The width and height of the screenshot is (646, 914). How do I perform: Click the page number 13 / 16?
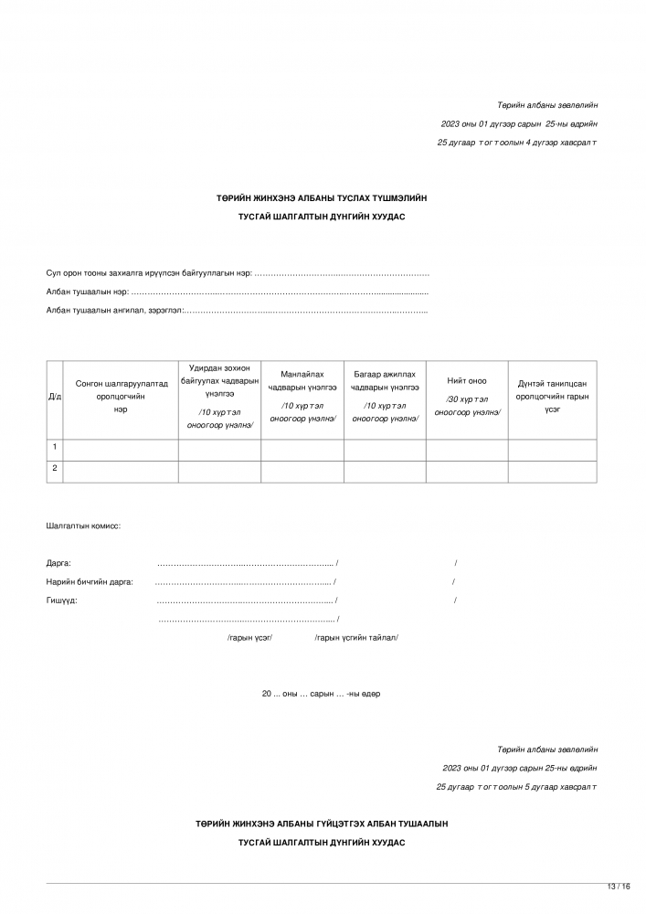(x=619, y=887)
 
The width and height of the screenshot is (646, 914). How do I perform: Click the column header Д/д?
(x=55, y=397)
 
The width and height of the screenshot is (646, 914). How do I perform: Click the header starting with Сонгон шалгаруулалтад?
(x=121, y=384)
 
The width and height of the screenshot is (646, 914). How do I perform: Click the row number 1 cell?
(x=55, y=447)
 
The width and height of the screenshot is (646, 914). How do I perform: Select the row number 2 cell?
(x=55, y=469)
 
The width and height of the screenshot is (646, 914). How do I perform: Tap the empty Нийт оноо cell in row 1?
(x=467, y=449)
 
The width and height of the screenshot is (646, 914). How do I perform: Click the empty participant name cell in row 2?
(x=121, y=471)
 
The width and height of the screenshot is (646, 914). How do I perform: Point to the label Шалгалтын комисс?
(x=83, y=526)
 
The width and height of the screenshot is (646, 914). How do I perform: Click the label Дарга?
(x=58, y=563)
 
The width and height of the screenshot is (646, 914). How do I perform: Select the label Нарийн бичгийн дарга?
(x=90, y=581)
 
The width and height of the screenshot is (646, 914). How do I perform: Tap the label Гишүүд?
(x=61, y=600)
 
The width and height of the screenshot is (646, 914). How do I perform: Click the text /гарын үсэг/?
(x=249, y=637)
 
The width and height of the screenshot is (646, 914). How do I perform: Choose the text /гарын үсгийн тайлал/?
(x=356, y=637)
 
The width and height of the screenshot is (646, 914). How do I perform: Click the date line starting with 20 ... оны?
(x=322, y=694)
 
